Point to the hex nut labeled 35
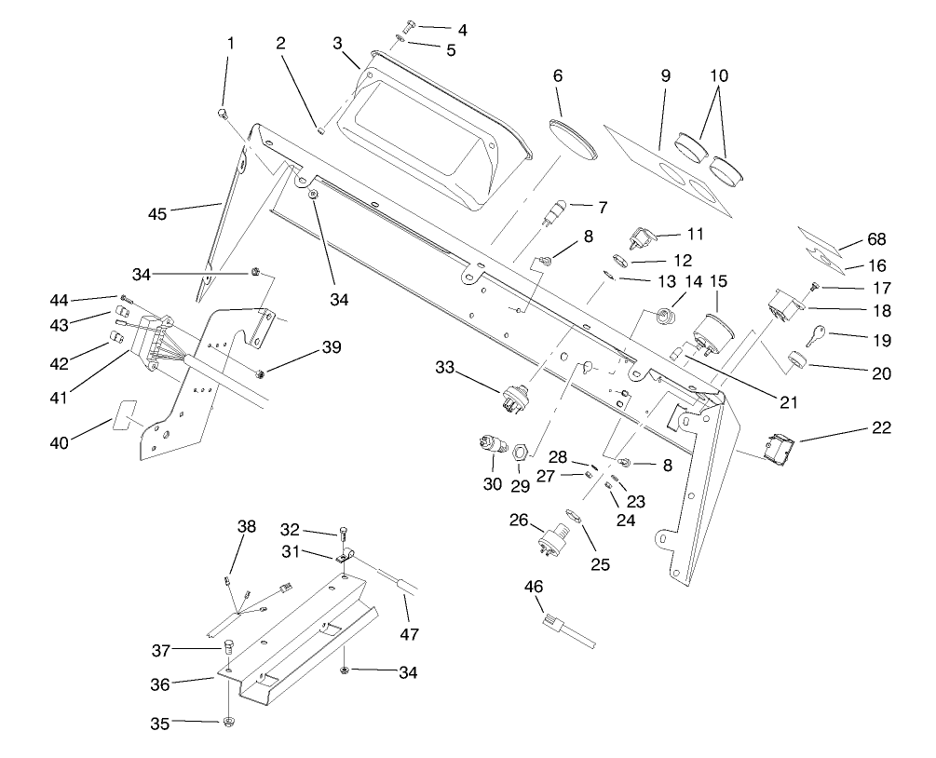tap(227, 722)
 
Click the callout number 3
tap(338, 44)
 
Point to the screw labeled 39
tap(262, 372)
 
